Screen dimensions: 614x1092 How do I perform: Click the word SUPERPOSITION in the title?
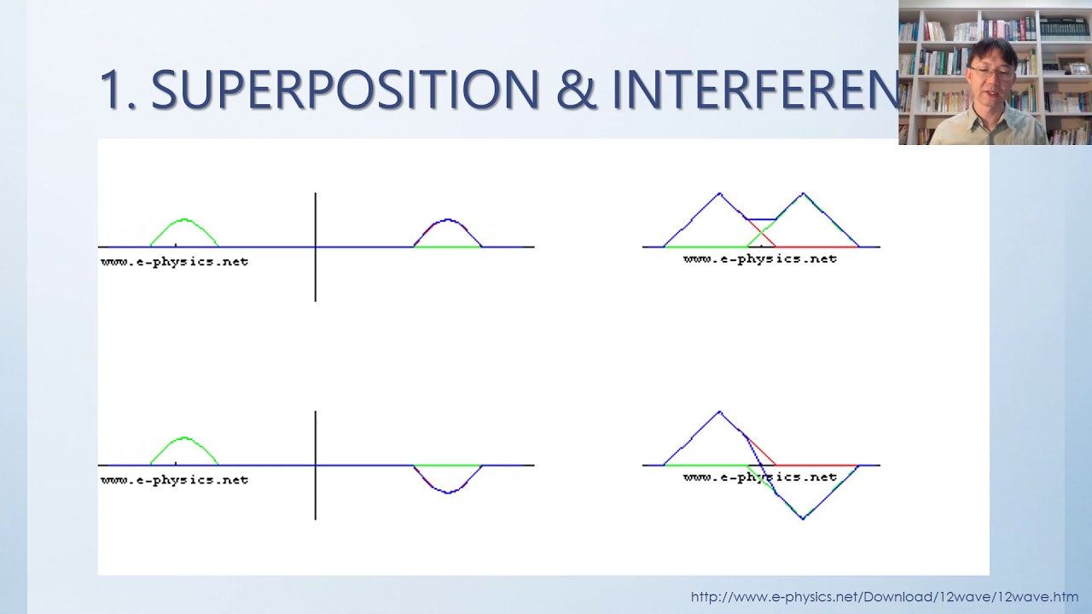[346, 90]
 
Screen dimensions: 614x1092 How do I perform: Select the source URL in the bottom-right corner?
[884, 597]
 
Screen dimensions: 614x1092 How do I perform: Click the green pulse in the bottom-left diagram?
[184, 440]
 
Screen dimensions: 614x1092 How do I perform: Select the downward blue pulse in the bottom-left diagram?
[448, 490]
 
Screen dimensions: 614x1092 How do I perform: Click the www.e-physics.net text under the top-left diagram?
[175, 262]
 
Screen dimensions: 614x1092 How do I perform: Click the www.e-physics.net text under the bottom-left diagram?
[175, 480]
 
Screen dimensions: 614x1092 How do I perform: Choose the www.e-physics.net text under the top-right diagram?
[760, 259]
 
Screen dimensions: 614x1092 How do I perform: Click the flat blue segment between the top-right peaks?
[761, 219]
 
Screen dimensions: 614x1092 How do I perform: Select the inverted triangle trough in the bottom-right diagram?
[803, 516]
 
